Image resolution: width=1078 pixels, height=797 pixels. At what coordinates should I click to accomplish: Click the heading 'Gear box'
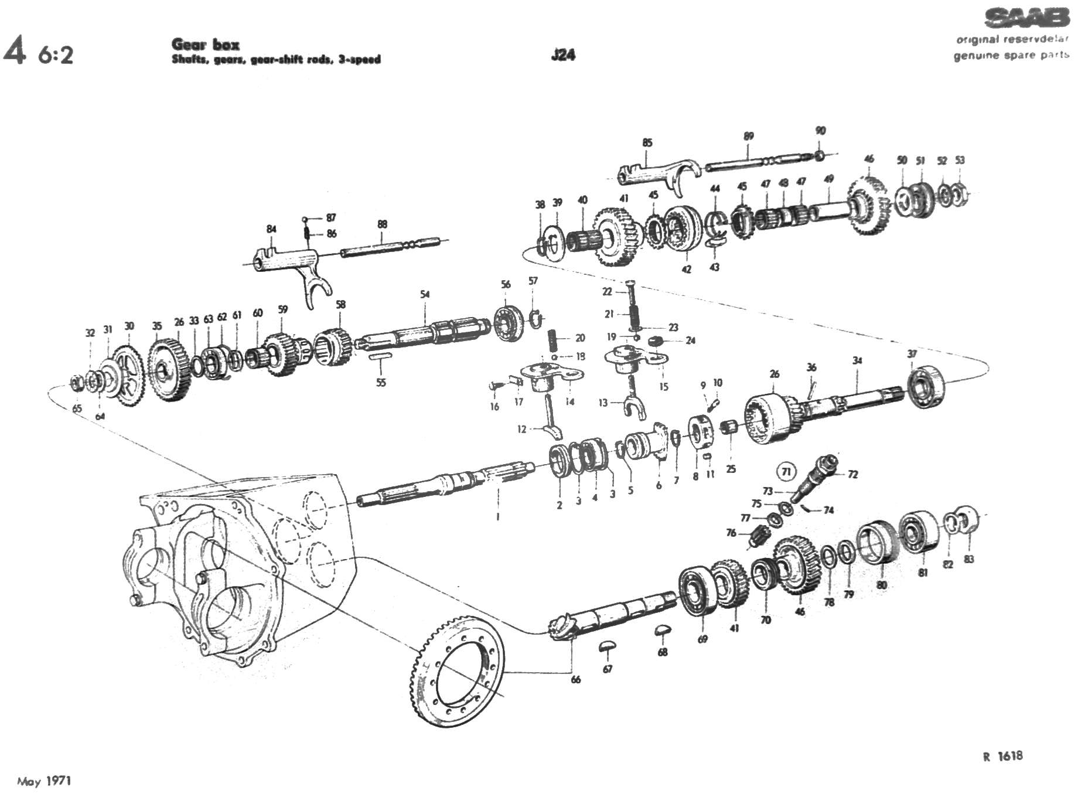[x=205, y=45]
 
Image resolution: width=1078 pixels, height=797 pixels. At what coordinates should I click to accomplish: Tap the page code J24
[x=563, y=55]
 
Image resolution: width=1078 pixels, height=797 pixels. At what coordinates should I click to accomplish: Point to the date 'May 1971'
[x=44, y=781]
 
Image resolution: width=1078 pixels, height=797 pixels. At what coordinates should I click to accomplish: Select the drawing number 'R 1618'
[x=1002, y=756]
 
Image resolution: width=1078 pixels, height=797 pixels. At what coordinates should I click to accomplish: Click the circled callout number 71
[x=786, y=471]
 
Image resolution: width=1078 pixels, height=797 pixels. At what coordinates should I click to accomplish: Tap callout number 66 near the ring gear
[x=575, y=679]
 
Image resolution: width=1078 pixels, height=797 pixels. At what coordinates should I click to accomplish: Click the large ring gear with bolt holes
[x=456, y=674]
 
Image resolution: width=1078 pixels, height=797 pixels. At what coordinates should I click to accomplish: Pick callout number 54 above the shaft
[x=425, y=294]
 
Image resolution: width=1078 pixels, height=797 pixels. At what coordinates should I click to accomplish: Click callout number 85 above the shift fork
[x=647, y=142]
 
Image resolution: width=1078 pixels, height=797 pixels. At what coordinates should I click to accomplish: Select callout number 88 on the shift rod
[x=382, y=224]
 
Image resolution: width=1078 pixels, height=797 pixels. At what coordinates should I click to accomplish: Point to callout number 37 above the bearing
[x=912, y=354]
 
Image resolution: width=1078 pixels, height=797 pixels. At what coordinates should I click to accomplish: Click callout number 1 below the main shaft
[x=497, y=517]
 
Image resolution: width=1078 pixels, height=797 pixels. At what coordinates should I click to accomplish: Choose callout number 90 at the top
[x=820, y=131]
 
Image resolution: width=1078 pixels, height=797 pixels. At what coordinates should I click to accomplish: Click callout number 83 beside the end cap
[x=968, y=559]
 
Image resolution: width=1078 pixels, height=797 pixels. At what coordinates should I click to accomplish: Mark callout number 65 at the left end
[x=77, y=408]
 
